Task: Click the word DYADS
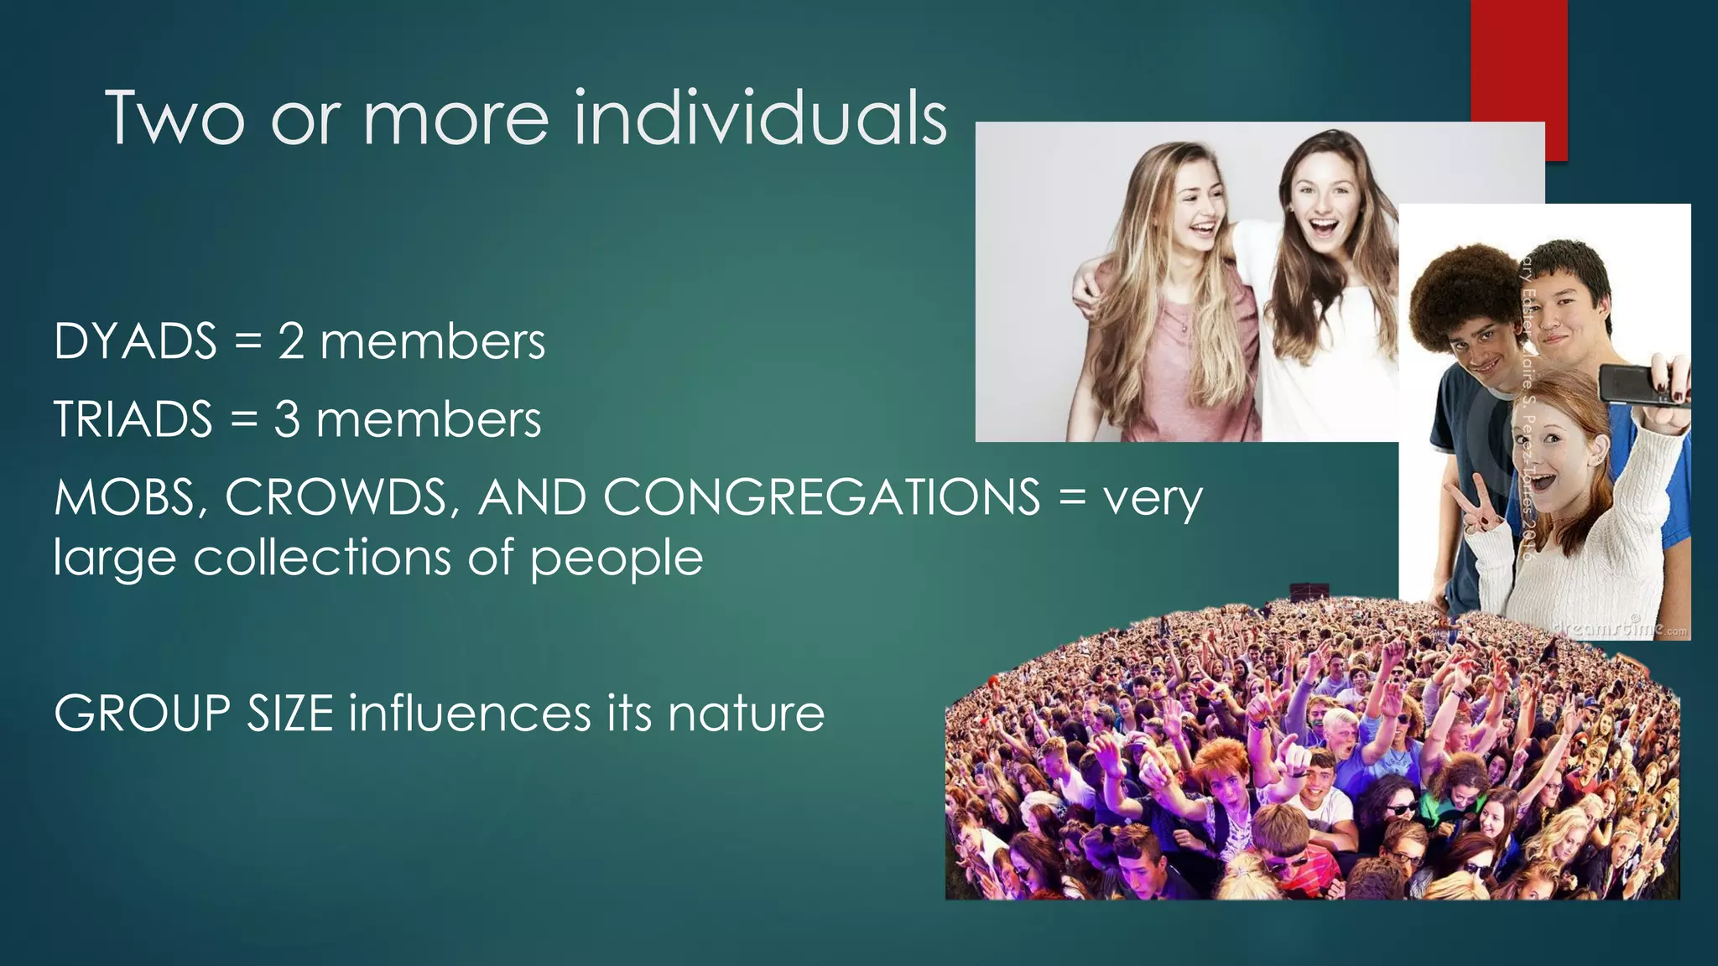pos(135,341)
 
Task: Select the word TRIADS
pos(133,419)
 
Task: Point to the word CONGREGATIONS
pos(821,497)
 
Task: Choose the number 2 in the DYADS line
pos(291,342)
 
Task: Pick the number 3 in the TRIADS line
pos(287,419)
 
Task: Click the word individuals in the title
pos(760,118)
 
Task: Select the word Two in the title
pos(175,118)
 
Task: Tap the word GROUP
pos(142,714)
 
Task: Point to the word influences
pos(470,714)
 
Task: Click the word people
pos(617,558)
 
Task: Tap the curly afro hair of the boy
pos(1452,289)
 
